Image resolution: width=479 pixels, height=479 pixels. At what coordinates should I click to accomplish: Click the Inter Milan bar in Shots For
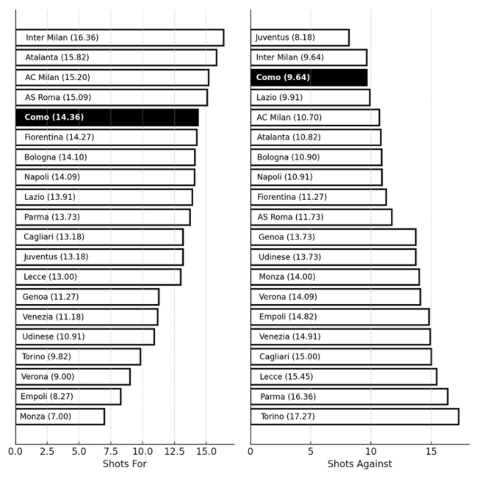click(120, 38)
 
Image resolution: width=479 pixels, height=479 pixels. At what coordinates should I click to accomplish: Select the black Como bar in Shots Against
click(309, 78)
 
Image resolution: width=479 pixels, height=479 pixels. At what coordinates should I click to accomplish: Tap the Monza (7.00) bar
click(60, 416)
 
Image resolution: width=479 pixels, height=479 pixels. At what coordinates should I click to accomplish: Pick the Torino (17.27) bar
click(355, 416)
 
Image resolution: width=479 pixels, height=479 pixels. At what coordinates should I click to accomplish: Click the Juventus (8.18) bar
click(300, 38)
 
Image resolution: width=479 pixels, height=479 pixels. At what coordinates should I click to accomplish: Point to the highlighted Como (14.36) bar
click(107, 118)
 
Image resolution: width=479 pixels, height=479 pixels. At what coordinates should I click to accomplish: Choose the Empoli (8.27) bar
click(68, 397)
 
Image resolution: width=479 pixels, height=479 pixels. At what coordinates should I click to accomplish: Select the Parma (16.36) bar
click(349, 397)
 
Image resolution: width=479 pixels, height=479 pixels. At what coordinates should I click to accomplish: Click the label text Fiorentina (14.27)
click(59, 137)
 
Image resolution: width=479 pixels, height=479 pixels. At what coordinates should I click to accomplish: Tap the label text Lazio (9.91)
click(279, 98)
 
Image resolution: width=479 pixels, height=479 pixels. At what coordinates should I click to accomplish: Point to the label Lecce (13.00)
click(50, 277)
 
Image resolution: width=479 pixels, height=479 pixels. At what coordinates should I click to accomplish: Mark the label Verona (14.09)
click(288, 297)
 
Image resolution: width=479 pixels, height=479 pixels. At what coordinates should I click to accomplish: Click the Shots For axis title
click(125, 464)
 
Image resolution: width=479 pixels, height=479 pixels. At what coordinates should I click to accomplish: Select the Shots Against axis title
click(360, 464)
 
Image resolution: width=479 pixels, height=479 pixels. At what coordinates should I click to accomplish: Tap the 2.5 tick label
click(47, 452)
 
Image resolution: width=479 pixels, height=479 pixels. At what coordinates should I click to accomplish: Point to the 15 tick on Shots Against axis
click(431, 452)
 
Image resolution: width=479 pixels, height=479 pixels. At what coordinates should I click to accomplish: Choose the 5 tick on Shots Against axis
click(310, 452)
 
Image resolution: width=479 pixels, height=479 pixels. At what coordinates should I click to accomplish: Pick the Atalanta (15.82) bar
click(116, 58)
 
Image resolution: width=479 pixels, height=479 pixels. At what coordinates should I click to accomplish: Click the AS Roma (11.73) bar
click(321, 217)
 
